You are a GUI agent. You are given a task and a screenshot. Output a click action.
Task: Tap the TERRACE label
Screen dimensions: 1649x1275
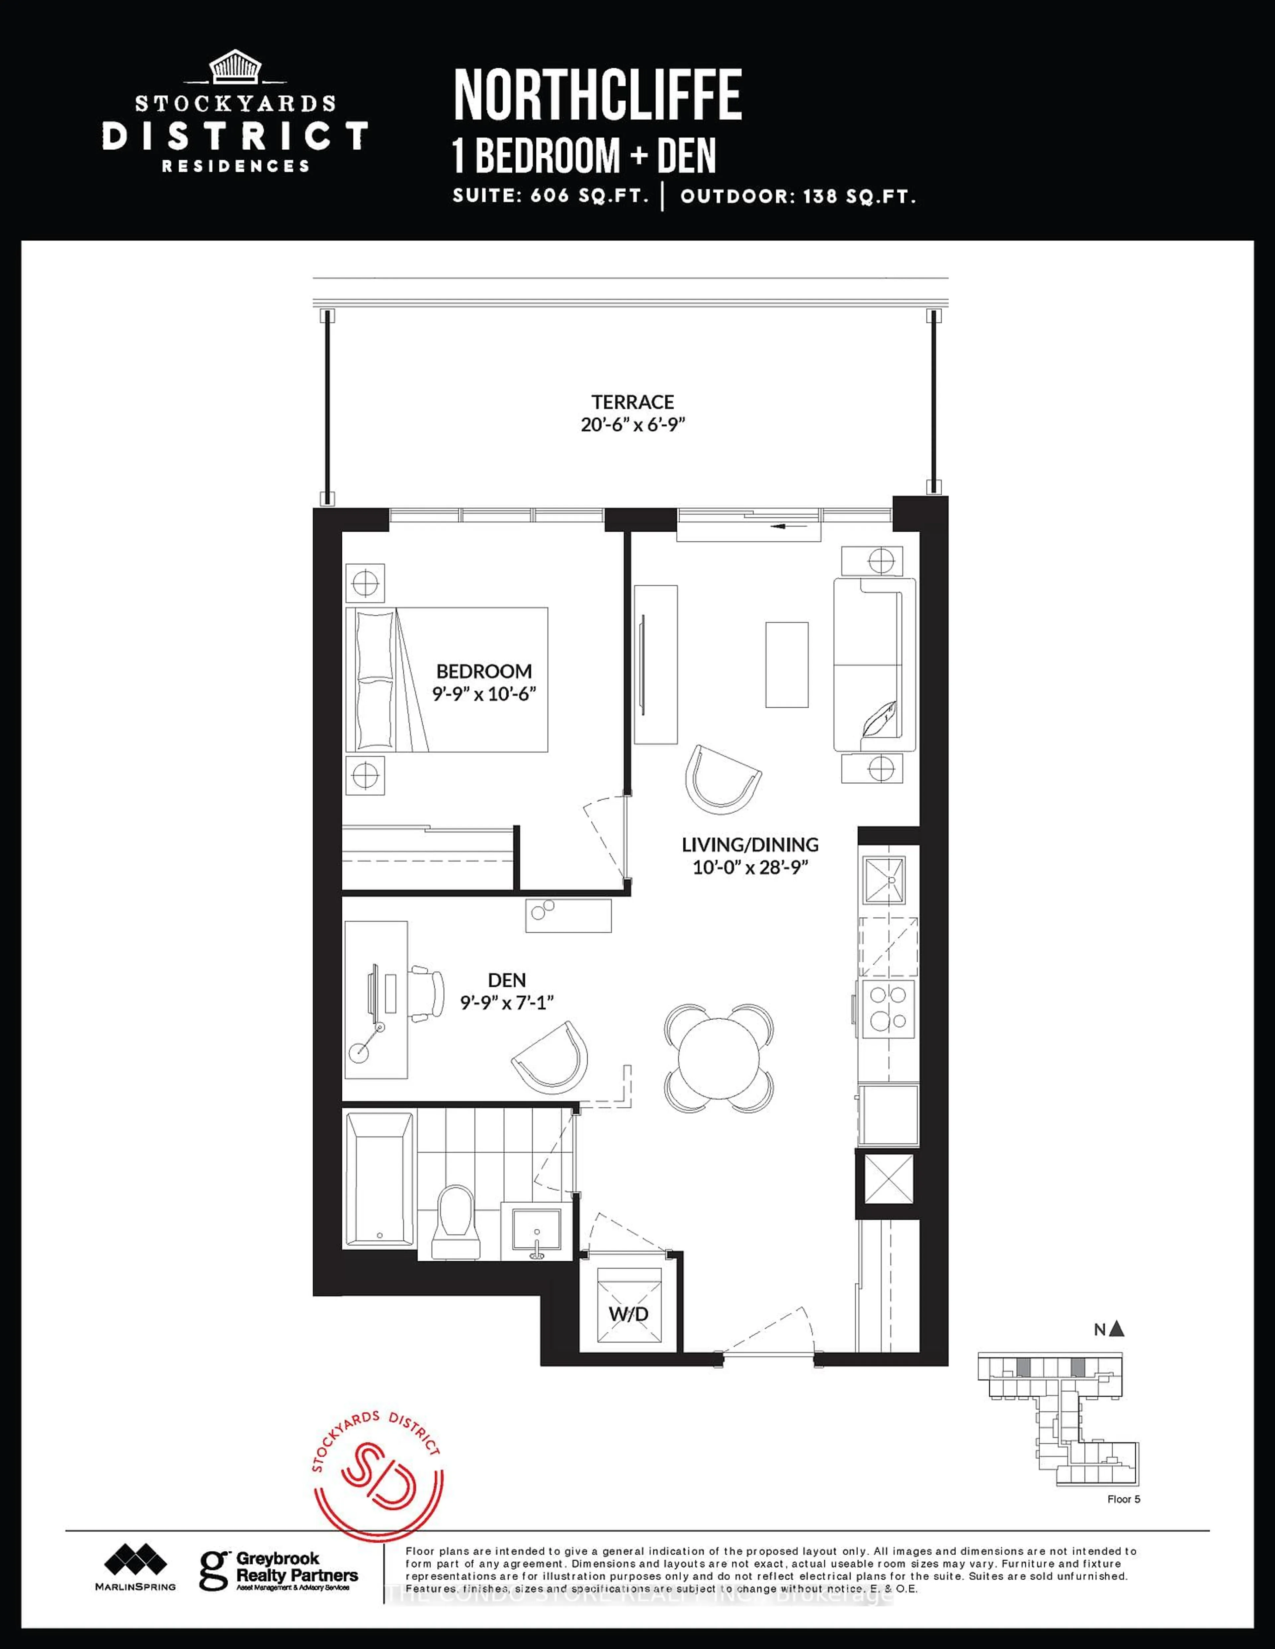[x=632, y=402]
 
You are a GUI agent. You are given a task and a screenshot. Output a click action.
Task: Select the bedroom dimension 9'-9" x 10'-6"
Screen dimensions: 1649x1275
[x=484, y=693]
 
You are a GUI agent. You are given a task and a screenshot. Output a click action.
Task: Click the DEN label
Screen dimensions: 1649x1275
[x=507, y=980]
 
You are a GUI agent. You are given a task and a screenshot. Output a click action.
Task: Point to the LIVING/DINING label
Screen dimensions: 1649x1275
[x=750, y=845]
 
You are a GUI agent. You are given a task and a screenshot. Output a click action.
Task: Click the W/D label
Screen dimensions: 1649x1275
[x=629, y=1314]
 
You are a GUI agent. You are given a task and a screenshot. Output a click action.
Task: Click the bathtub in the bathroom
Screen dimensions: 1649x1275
[x=379, y=1180]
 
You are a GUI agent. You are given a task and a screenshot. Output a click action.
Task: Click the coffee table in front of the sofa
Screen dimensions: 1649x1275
[x=786, y=665]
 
